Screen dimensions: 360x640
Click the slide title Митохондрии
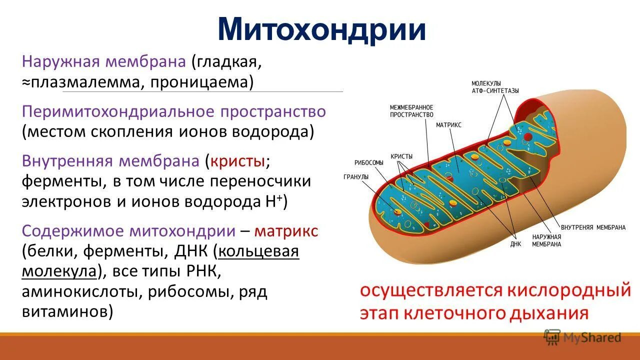tap(321, 30)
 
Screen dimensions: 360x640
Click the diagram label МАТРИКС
tap(448, 125)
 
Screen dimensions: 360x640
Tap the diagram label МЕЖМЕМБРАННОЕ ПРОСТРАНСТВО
tap(411, 111)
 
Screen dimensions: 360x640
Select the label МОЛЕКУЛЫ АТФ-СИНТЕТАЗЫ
tap(495, 87)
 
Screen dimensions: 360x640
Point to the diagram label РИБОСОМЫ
tap(369, 162)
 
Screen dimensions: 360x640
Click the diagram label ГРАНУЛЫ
tap(356, 177)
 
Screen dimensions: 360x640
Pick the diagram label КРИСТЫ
tap(401, 156)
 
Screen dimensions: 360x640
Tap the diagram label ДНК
tap(515, 244)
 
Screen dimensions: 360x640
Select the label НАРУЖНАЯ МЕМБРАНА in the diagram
tap(546, 240)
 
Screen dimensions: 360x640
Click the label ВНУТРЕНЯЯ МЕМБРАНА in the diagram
tap(593, 227)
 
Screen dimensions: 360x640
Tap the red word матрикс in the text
tap(286, 231)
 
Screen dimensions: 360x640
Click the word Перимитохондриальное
tap(118, 111)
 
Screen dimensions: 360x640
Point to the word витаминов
tap(64, 311)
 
